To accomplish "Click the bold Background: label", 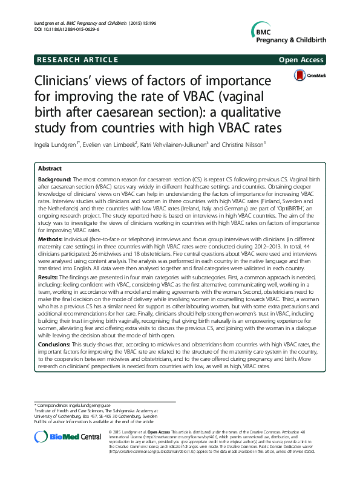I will click(54, 181).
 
